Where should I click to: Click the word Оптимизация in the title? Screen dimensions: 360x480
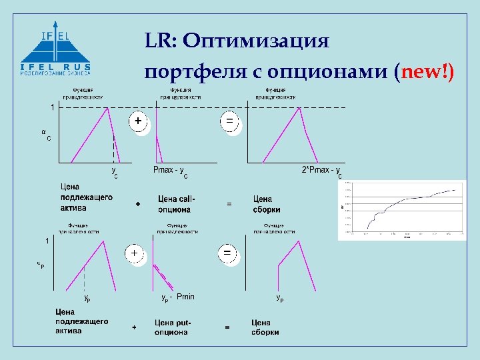[x=256, y=41]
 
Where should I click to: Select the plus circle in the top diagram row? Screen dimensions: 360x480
[x=138, y=122]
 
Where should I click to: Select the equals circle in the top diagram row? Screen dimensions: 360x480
[x=229, y=122]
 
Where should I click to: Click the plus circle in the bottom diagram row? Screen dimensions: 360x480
[x=134, y=254]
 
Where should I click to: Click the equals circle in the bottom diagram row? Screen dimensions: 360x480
[x=227, y=254]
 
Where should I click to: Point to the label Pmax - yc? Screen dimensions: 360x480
[x=170, y=171]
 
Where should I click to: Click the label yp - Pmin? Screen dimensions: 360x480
[x=178, y=297]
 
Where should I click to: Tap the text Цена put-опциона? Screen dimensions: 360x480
[x=173, y=327]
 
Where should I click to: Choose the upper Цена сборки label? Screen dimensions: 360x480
[x=267, y=203]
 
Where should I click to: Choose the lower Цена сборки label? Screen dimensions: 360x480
[x=265, y=327]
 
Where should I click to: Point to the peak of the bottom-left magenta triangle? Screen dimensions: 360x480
[x=103, y=241]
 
